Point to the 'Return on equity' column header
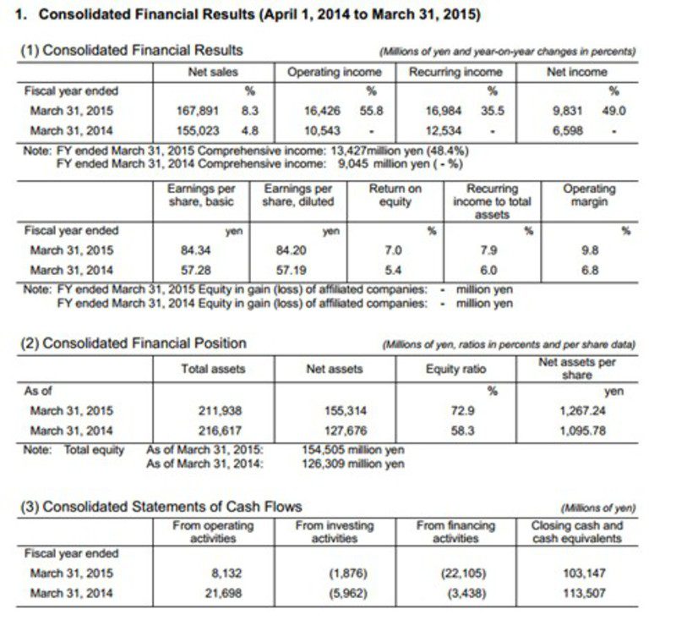click(395, 195)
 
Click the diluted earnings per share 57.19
click(292, 271)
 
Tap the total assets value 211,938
click(221, 411)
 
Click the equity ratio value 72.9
click(461, 411)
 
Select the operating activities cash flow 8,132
click(225, 573)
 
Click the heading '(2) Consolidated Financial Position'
click(133, 343)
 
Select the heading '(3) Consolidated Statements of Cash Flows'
click(161, 507)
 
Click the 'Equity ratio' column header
click(456, 369)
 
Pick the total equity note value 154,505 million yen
click(352, 450)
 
